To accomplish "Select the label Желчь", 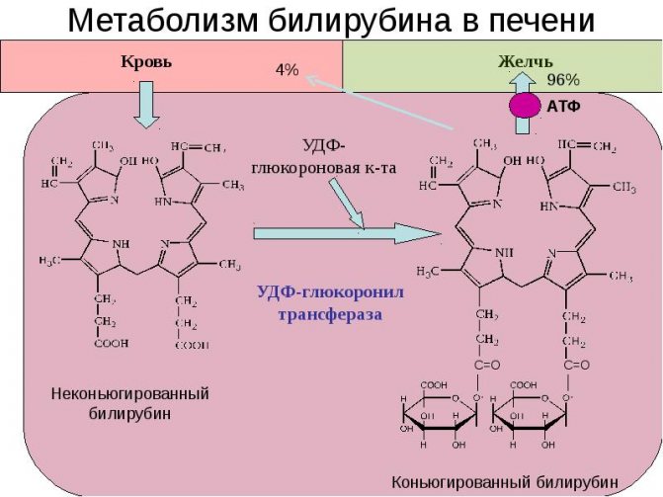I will tap(525, 61).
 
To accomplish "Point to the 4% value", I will tap(287, 70).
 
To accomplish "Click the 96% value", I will tap(563, 79).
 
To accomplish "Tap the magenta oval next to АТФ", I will tap(526, 106).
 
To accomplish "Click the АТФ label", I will tap(563, 106).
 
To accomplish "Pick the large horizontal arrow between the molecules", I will tap(346, 233).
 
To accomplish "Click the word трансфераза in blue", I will tap(319, 314).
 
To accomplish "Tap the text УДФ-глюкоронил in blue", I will tap(318, 292).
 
